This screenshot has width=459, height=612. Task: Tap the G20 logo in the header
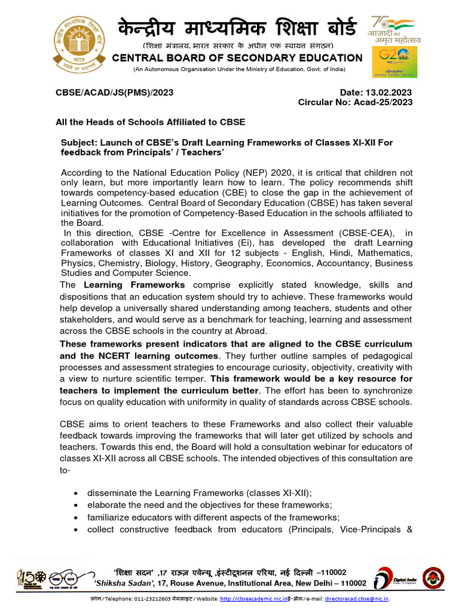click(394, 62)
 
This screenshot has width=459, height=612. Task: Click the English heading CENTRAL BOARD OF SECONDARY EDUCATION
click(237, 58)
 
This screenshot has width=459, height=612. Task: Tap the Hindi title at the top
click(237, 28)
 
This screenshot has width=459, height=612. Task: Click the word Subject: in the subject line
click(79, 143)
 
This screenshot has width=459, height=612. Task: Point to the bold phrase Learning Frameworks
click(134, 285)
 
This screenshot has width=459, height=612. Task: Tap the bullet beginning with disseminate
click(199, 492)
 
